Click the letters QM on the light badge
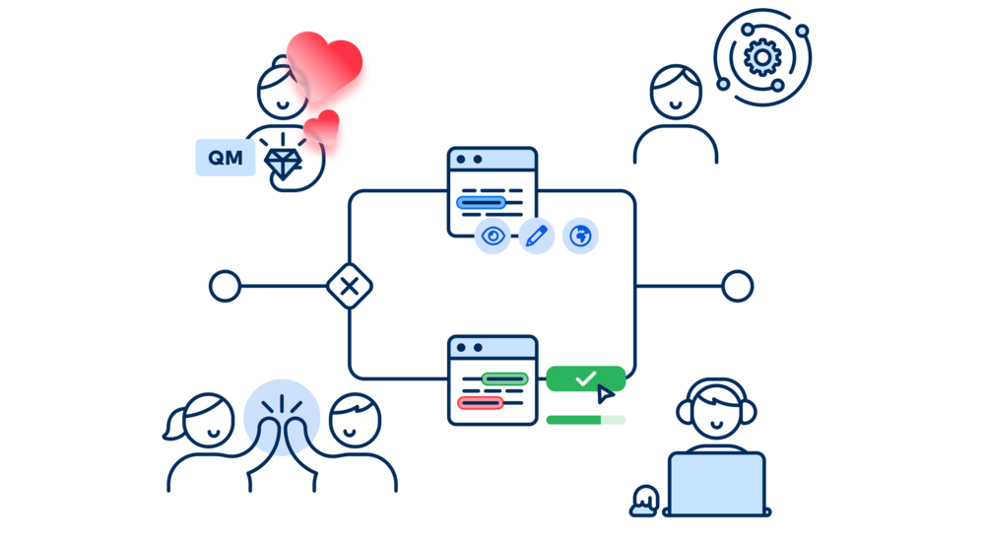[x=226, y=157]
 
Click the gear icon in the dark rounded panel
[x=761, y=58]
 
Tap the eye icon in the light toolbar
[x=493, y=237]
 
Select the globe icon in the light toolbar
[x=581, y=236]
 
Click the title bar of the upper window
[x=492, y=158]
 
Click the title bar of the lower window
[x=492, y=348]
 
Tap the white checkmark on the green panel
[x=586, y=377]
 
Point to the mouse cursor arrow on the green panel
[x=603, y=394]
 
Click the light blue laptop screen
[x=716, y=483]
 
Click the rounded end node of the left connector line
[x=223, y=291]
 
